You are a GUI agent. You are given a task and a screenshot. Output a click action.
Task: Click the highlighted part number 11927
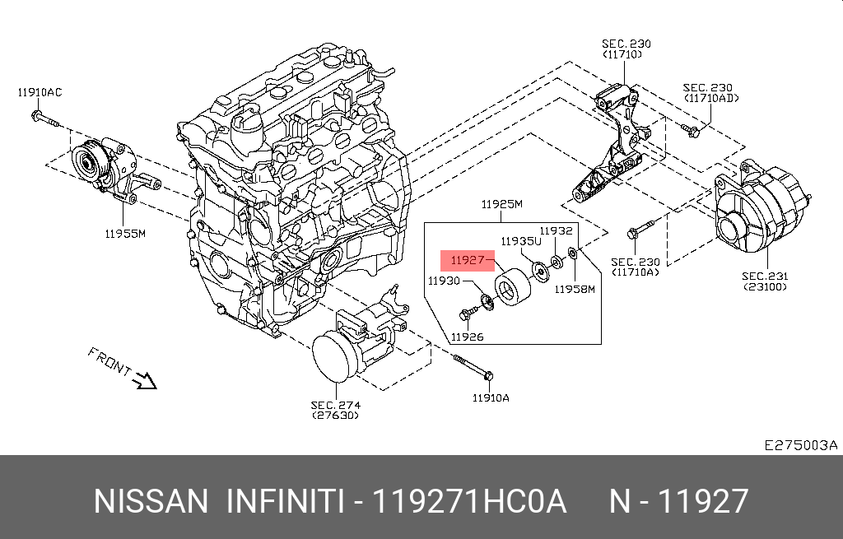point(467,261)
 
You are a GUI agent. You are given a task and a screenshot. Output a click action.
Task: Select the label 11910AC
point(40,92)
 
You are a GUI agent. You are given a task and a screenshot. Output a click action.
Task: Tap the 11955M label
point(124,234)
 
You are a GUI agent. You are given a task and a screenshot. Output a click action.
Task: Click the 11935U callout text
point(521,241)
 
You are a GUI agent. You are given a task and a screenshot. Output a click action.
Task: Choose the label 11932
point(556,231)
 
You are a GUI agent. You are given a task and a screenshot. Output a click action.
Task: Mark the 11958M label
point(574,289)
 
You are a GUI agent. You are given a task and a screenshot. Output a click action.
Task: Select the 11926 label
point(467,337)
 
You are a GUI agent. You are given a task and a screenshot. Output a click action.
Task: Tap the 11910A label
point(491,397)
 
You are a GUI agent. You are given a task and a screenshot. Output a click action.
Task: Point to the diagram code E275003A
point(800,445)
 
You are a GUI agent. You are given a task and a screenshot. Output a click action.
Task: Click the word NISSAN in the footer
point(151,501)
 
